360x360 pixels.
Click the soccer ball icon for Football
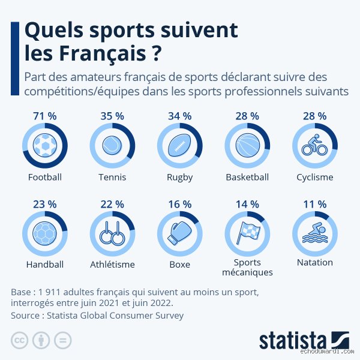tap(44, 145)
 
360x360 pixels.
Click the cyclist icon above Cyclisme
tap(314, 145)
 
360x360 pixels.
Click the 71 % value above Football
tap(44, 116)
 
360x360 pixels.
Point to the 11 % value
tap(314, 204)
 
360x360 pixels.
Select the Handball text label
tap(44, 264)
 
